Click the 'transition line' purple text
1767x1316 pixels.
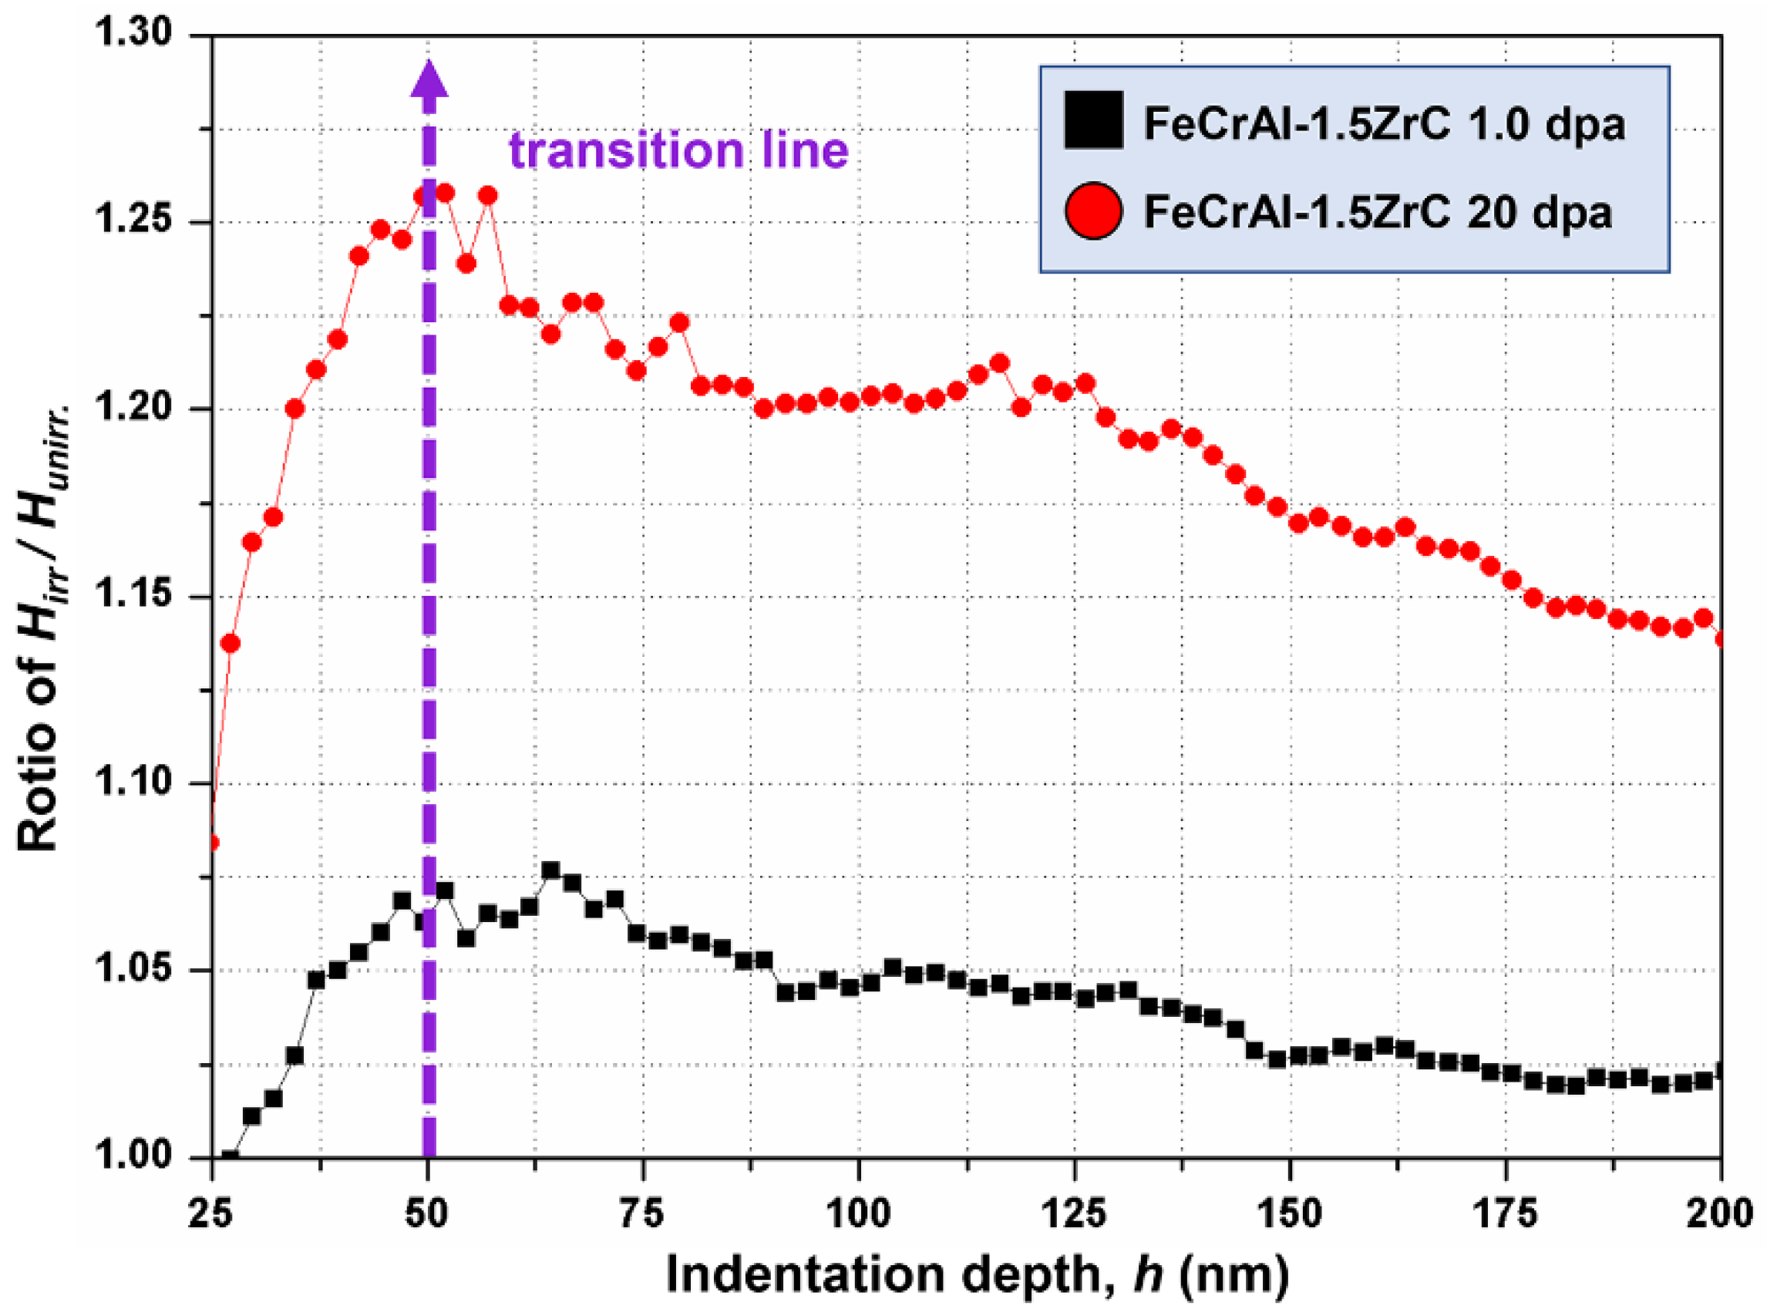pyautogui.click(x=678, y=150)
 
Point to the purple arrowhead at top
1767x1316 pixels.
pyautogui.click(x=429, y=79)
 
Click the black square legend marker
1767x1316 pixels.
pyautogui.click(x=1093, y=120)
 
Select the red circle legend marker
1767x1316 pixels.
pyautogui.click(x=1093, y=211)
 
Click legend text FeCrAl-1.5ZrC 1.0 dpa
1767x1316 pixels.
pyautogui.click(x=1385, y=123)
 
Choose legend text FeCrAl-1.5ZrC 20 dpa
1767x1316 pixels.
pyautogui.click(x=1378, y=213)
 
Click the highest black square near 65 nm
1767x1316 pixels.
pyautogui.click(x=550, y=870)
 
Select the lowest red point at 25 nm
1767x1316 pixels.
pyautogui.click(x=212, y=843)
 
